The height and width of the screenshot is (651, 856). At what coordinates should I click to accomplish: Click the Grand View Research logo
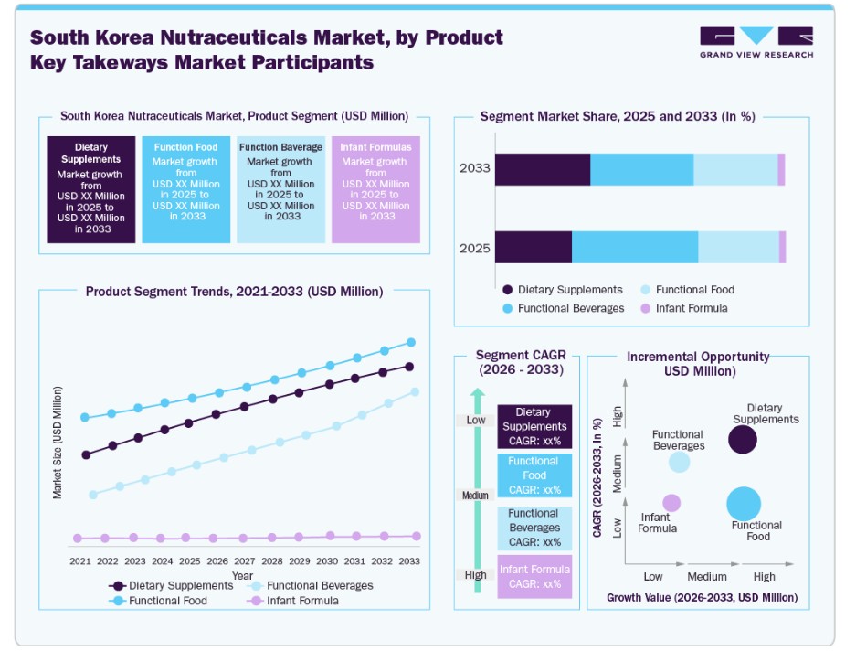pyautogui.click(x=756, y=42)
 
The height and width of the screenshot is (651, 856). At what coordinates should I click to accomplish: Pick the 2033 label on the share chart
pyautogui.click(x=475, y=168)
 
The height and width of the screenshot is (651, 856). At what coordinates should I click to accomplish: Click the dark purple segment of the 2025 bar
pyautogui.click(x=534, y=248)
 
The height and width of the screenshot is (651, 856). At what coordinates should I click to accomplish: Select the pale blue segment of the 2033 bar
pyautogui.click(x=735, y=169)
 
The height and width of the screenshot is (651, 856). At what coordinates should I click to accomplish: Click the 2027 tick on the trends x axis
pyautogui.click(x=244, y=561)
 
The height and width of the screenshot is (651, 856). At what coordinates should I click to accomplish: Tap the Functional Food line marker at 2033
pyautogui.click(x=411, y=342)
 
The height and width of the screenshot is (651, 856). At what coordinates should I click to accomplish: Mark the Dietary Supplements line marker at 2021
pyautogui.click(x=87, y=454)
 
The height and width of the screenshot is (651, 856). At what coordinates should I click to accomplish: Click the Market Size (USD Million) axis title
pyautogui.click(x=58, y=442)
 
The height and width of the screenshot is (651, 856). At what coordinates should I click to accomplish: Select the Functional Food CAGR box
pyautogui.click(x=534, y=475)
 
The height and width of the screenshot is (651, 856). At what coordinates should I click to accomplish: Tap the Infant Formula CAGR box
pyautogui.click(x=534, y=576)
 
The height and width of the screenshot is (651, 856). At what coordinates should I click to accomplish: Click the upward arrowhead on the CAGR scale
pyautogui.click(x=475, y=395)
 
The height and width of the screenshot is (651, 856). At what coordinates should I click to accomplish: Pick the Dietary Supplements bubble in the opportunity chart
pyautogui.click(x=743, y=440)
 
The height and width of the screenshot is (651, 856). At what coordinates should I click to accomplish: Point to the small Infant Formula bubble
pyautogui.click(x=671, y=503)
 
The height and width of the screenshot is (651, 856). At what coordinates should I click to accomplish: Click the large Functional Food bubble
pyautogui.click(x=744, y=504)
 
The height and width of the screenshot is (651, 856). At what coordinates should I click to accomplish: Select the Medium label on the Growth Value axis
pyautogui.click(x=707, y=577)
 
